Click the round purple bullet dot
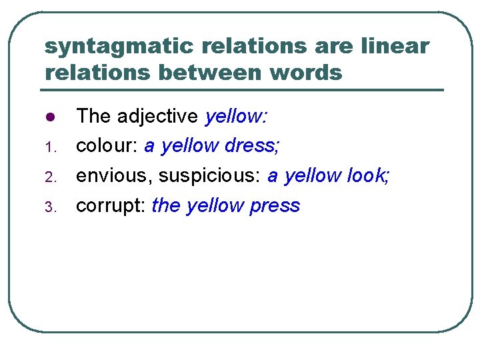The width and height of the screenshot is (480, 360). (x=49, y=118)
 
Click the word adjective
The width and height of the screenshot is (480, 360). (x=158, y=117)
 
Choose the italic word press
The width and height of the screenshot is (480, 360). (x=275, y=206)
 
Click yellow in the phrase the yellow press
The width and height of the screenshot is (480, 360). (x=215, y=206)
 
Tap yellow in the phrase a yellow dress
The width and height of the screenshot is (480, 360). (x=191, y=147)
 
